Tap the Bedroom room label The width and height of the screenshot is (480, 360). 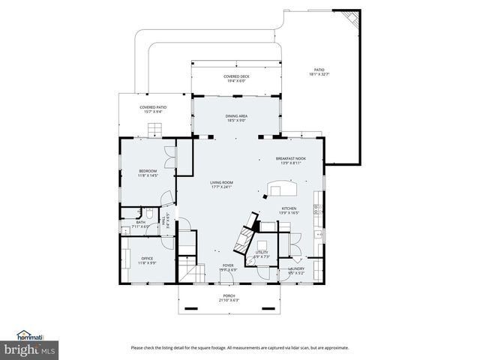[x=148, y=172]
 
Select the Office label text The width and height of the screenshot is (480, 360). [x=147, y=259]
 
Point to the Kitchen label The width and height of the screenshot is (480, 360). [x=289, y=208]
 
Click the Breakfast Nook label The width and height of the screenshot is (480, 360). [x=290, y=159]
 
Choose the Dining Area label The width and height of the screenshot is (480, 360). [x=237, y=116]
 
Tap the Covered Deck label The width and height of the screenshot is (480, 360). [x=236, y=76]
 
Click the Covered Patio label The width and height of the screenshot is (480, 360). [x=153, y=107]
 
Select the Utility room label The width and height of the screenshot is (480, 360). [x=262, y=253]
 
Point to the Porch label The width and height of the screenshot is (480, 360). [x=229, y=296]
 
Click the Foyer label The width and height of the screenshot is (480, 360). [x=227, y=265]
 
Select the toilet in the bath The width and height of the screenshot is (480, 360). [x=150, y=214]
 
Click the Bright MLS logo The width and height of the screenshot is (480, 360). [x=30, y=349]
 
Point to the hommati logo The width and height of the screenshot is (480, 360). [x=30, y=335]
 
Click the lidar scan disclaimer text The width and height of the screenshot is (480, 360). [x=240, y=347]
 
